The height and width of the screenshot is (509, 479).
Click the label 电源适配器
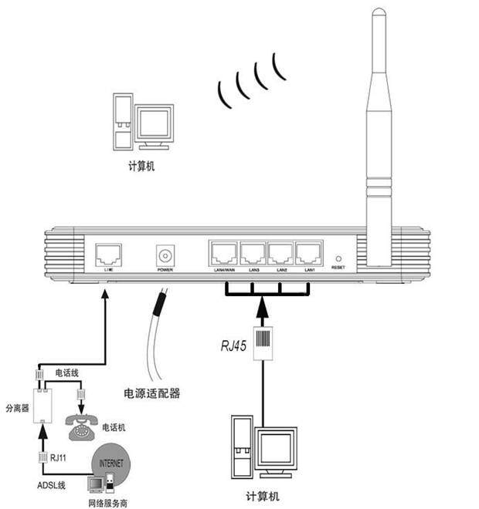tap(152, 393)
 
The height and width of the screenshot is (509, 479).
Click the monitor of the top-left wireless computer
tap(154, 124)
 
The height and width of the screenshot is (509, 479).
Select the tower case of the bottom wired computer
tap(242, 447)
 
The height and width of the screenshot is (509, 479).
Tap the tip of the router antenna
tap(378, 14)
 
